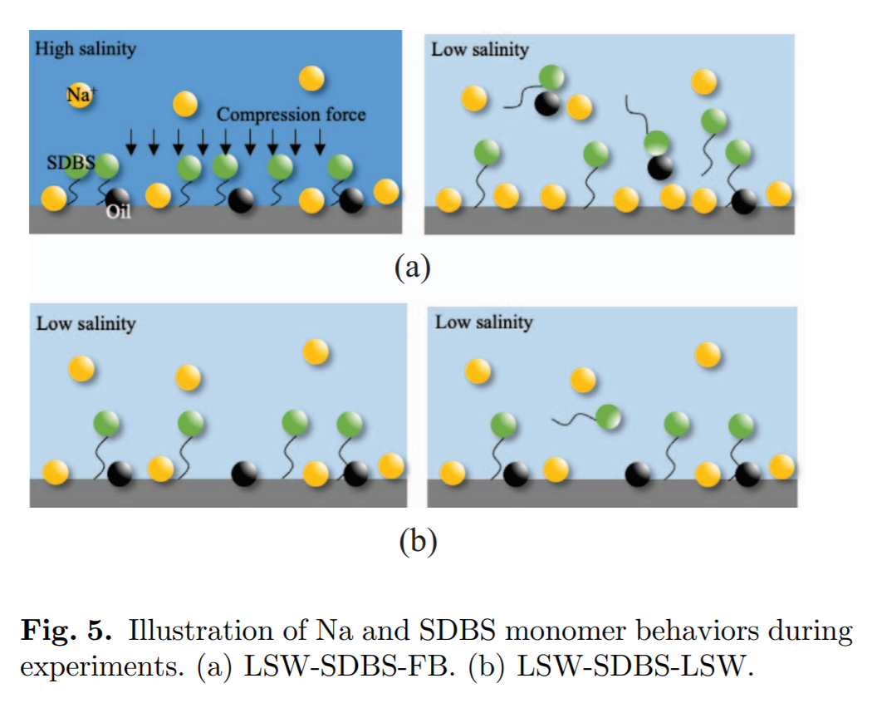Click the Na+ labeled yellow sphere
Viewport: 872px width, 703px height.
pyautogui.click(x=80, y=96)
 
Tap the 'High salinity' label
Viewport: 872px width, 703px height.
pyautogui.click(x=86, y=49)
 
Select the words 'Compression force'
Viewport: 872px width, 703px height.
pyautogui.click(x=291, y=114)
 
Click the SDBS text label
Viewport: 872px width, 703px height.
pyautogui.click(x=71, y=163)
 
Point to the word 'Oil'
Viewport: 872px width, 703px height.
pyautogui.click(x=119, y=212)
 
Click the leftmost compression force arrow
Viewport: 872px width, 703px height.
pyautogui.click(x=130, y=141)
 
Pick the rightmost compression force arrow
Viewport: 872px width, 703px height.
pyautogui.click(x=320, y=141)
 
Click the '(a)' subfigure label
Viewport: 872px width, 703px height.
pyautogui.click(x=413, y=268)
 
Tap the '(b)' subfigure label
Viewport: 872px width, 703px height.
pyautogui.click(x=418, y=540)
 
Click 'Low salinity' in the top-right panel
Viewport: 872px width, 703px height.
pyautogui.click(x=480, y=50)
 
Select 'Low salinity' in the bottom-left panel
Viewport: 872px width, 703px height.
pyautogui.click(x=86, y=323)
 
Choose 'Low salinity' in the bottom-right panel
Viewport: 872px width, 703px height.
pyautogui.click(x=484, y=322)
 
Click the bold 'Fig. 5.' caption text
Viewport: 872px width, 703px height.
pyautogui.click(x=66, y=630)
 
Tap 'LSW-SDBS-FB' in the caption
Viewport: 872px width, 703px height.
pyautogui.click(x=346, y=666)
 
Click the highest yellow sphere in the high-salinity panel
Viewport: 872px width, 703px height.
pyautogui.click(x=311, y=78)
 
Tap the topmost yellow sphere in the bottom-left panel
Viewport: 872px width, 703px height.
pyautogui.click(x=316, y=351)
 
